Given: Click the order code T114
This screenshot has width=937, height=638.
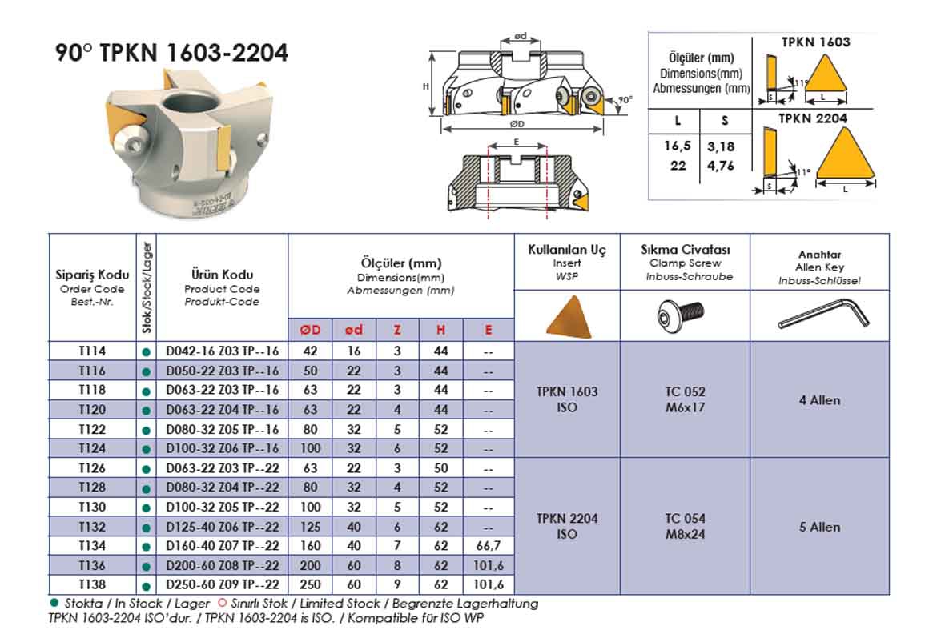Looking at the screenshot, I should tap(91, 351).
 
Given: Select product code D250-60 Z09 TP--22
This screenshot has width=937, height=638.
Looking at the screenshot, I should tap(222, 585).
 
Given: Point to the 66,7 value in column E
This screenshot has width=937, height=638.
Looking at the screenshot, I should tap(488, 546).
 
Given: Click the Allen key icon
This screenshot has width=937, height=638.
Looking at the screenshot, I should tap(822, 315).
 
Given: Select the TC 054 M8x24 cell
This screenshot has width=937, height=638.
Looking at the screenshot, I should tap(684, 526).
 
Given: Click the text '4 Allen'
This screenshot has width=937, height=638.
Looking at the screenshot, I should tap(819, 400).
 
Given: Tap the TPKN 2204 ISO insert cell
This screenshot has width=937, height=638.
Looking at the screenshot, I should tap(566, 526).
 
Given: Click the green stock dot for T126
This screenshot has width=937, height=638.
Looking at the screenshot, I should tap(146, 469).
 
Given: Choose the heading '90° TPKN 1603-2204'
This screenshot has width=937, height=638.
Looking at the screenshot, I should tap(171, 54).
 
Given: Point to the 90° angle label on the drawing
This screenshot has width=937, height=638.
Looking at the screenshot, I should tap(625, 100).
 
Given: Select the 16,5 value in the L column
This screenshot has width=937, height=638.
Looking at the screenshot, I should tap(678, 147).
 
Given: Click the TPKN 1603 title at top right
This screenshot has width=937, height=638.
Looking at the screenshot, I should tap(814, 42).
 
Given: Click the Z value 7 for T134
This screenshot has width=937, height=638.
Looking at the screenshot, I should tap(397, 546).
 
